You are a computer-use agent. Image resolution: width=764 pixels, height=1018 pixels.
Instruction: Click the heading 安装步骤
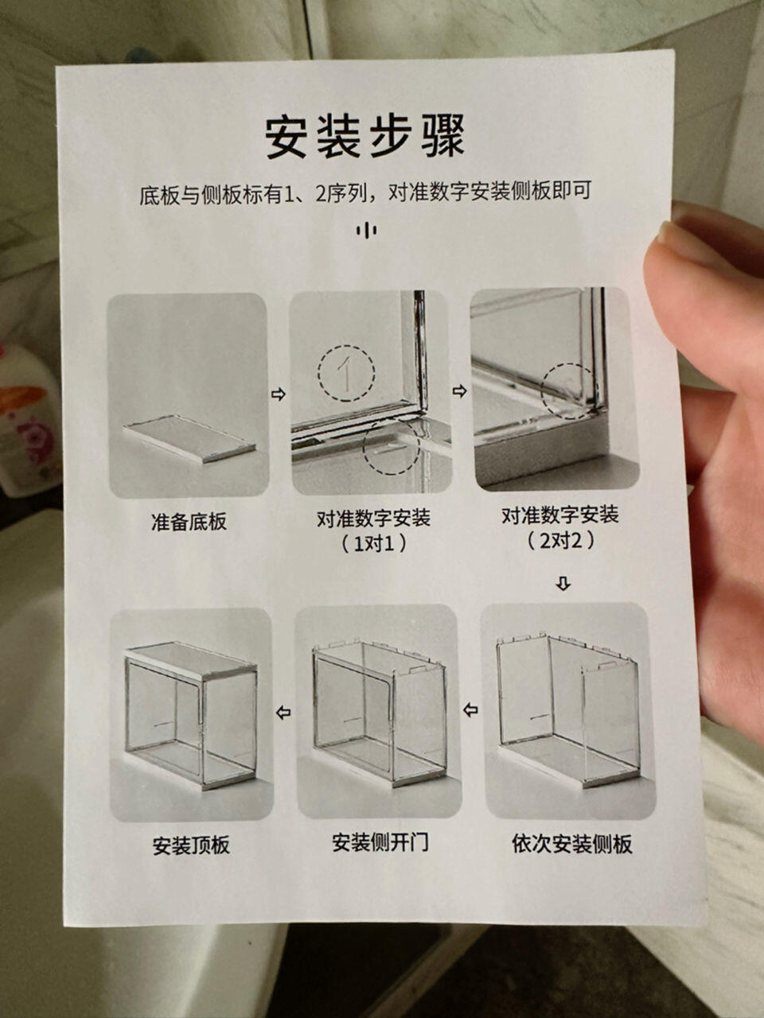pos(364,137)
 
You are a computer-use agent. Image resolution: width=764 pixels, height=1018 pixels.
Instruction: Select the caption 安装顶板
pos(191,845)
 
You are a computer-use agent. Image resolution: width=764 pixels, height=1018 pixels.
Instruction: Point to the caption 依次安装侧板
pos(572,843)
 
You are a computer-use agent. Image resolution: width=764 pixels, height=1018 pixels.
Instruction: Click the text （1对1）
pos(374,543)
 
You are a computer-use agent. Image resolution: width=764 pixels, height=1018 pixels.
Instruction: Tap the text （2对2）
pos(560,540)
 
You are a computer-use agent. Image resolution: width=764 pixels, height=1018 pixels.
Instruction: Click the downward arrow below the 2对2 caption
pos(563,584)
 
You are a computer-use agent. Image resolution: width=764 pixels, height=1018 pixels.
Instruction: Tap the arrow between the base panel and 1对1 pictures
pos(279,394)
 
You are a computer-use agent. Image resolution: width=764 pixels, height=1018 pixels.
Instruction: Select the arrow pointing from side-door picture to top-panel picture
pos(283,712)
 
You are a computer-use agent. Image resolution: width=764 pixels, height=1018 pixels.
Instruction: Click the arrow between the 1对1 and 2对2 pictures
pos(460,391)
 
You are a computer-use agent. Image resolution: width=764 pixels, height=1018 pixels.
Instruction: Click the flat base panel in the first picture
pos(189,438)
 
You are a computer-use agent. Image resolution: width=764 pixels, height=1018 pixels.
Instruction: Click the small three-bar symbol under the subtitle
pos(366,231)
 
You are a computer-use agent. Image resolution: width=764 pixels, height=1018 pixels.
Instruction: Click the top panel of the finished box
pos(191,660)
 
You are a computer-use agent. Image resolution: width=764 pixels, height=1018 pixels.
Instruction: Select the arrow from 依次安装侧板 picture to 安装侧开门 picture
pos(470,709)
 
